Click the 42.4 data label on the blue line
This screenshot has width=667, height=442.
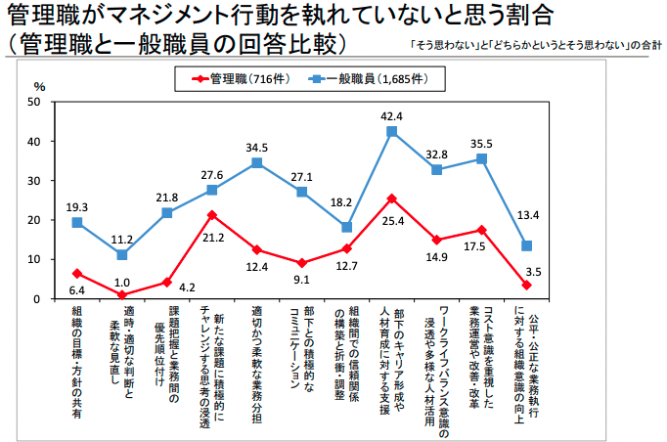pyautogui.click(x=392, y=116)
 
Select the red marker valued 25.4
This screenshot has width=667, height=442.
pyautogui.click(x=392, y=199)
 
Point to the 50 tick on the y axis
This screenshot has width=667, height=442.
pyautogui.click(x=35, y=102)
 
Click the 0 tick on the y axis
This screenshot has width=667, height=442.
pyautogui.click(x=38, y=299)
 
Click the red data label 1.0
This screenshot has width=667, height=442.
pyautogui.click(x=121, y=310)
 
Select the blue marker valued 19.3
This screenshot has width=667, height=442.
pyautogui.click(x=76, y=223)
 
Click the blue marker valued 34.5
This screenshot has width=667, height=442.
pyautogui.click(x=256, y=162)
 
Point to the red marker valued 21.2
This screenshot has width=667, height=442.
pyautogui.click(x=211, y=215)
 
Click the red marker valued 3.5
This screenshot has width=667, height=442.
pyautogui.click(x=526, y=285)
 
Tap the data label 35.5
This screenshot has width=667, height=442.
pyautogui.click(x=481, y=143)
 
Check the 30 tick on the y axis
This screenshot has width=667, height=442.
pyautogui.click(x=35, y=181)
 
